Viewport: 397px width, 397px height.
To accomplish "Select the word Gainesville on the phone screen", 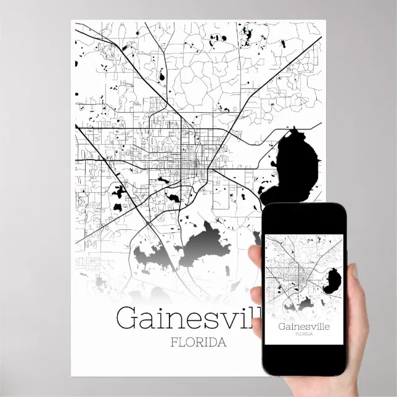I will click(x=303, y=327).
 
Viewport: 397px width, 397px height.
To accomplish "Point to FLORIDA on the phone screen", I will click(x=303, y=335).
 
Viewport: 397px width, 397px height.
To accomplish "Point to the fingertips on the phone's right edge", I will click(x=355, y=271).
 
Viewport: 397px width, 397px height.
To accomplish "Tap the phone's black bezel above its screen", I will click(x=303, y=215).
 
